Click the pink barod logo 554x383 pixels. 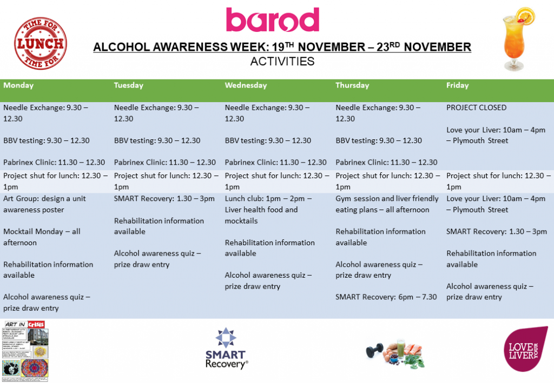[x=272, y=20]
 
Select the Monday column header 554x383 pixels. [x=18, y=85]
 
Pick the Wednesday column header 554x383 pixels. [x=246, y=85]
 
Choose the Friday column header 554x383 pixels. [x=457, y=85]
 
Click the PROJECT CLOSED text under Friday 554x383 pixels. [x=476, y=107]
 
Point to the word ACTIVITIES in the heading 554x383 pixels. [x=282, y=61]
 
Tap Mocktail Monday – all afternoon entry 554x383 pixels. [x=42, y=237]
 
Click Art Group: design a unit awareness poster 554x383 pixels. [x=44, y=204]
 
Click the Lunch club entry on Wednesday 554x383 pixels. [x=268, y=209]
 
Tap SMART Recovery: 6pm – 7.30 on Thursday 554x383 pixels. [x=386, y=297]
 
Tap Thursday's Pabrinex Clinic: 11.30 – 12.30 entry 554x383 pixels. [x=386, y=162]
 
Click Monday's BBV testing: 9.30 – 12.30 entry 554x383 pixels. [x=47, y=140]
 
